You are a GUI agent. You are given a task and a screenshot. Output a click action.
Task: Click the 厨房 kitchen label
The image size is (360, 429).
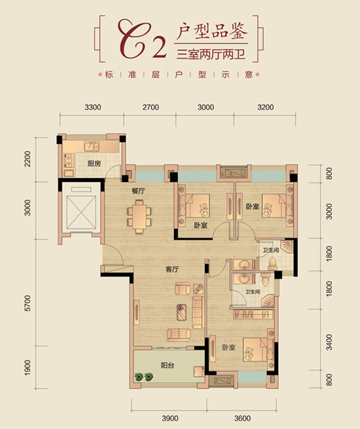coord(94,164)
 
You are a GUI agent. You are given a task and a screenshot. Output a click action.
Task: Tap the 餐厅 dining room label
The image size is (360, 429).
coord(138,191)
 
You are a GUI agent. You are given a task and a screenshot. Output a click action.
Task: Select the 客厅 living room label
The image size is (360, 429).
coord(172,269)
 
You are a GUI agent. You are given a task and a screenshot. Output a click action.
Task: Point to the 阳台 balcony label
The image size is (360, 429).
coord(168,365)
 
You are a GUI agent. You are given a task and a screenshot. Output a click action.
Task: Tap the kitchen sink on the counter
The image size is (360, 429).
coord(92,147)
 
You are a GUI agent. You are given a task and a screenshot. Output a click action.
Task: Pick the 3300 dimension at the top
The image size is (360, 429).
coord(93,107)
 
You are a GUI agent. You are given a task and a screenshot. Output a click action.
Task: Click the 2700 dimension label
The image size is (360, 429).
coord(151,107)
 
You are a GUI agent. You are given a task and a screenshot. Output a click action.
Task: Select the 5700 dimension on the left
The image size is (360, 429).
coord(28,303)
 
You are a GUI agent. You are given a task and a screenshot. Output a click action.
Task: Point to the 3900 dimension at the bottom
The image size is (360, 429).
coord(170,419)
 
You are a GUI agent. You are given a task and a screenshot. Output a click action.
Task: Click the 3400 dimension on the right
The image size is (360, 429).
coord(329,343)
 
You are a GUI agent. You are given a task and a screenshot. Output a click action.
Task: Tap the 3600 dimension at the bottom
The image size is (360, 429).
coord(242,419)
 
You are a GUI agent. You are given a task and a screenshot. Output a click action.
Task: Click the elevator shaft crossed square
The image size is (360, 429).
coord(82,212)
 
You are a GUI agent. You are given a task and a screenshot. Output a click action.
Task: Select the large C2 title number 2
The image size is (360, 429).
coord(159,47)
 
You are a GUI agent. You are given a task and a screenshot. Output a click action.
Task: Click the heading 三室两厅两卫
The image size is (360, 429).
coord(211,55)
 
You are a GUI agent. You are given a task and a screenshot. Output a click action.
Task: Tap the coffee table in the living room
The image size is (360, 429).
coord(182,312)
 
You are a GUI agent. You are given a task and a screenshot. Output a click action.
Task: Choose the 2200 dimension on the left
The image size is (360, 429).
coord(28,159)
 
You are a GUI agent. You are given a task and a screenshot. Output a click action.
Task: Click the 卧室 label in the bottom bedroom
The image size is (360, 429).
coord(229,348)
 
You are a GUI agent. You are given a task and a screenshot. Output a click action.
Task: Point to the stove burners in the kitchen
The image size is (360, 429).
coord(68,160)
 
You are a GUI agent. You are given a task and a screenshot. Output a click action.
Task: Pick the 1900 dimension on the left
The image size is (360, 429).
coord(28,367)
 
